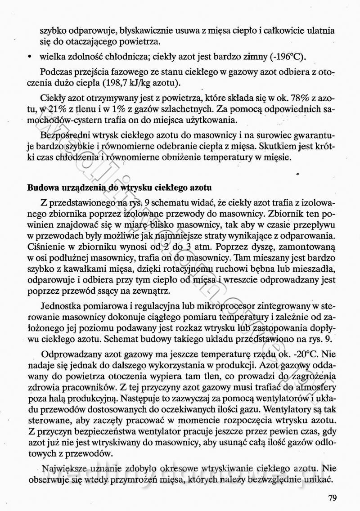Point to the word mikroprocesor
pos(243,307)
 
